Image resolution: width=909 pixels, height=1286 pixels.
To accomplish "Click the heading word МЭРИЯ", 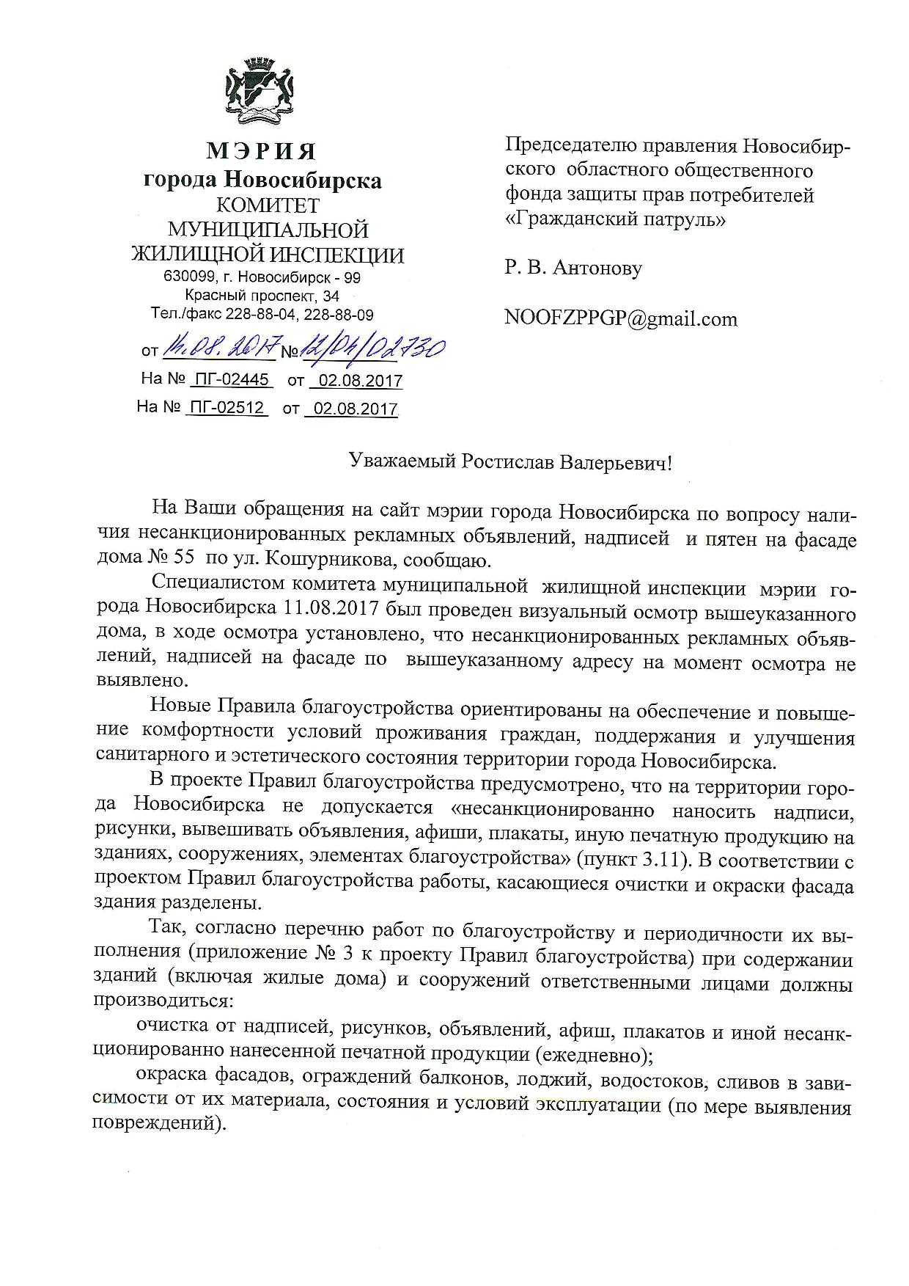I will (x=261, y=151).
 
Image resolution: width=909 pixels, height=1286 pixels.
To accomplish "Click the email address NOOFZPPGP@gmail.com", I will (x=620, y=318).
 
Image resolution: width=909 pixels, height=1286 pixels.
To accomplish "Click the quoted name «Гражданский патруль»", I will (x=615, y=219).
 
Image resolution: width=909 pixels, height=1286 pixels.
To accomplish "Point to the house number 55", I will (x=183, y=558).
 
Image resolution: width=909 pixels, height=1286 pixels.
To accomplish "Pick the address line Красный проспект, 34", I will (x=262, y=296).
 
